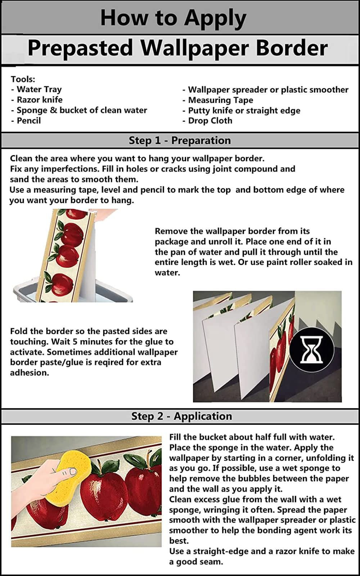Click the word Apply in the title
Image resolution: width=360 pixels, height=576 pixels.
pos(215,18)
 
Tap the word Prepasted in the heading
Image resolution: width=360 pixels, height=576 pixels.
pos(80,48)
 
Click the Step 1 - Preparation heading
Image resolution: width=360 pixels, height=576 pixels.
pos(180,140)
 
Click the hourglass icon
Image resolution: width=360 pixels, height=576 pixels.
pos(312,349)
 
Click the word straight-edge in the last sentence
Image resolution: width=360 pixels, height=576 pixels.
pos(218,552)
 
